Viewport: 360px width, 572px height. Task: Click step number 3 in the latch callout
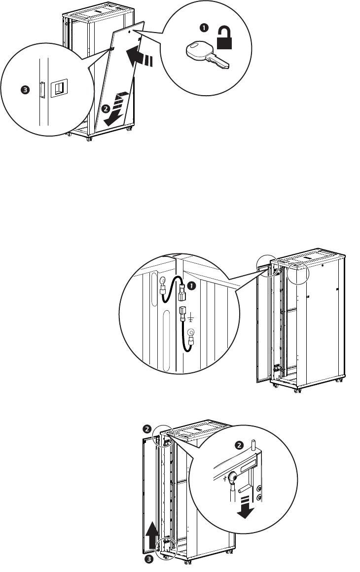point(24,90)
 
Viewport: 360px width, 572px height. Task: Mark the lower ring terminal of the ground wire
point(190,333)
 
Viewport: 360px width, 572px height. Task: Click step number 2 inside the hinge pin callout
point(239,445)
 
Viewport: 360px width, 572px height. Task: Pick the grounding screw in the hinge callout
point(234,477)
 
